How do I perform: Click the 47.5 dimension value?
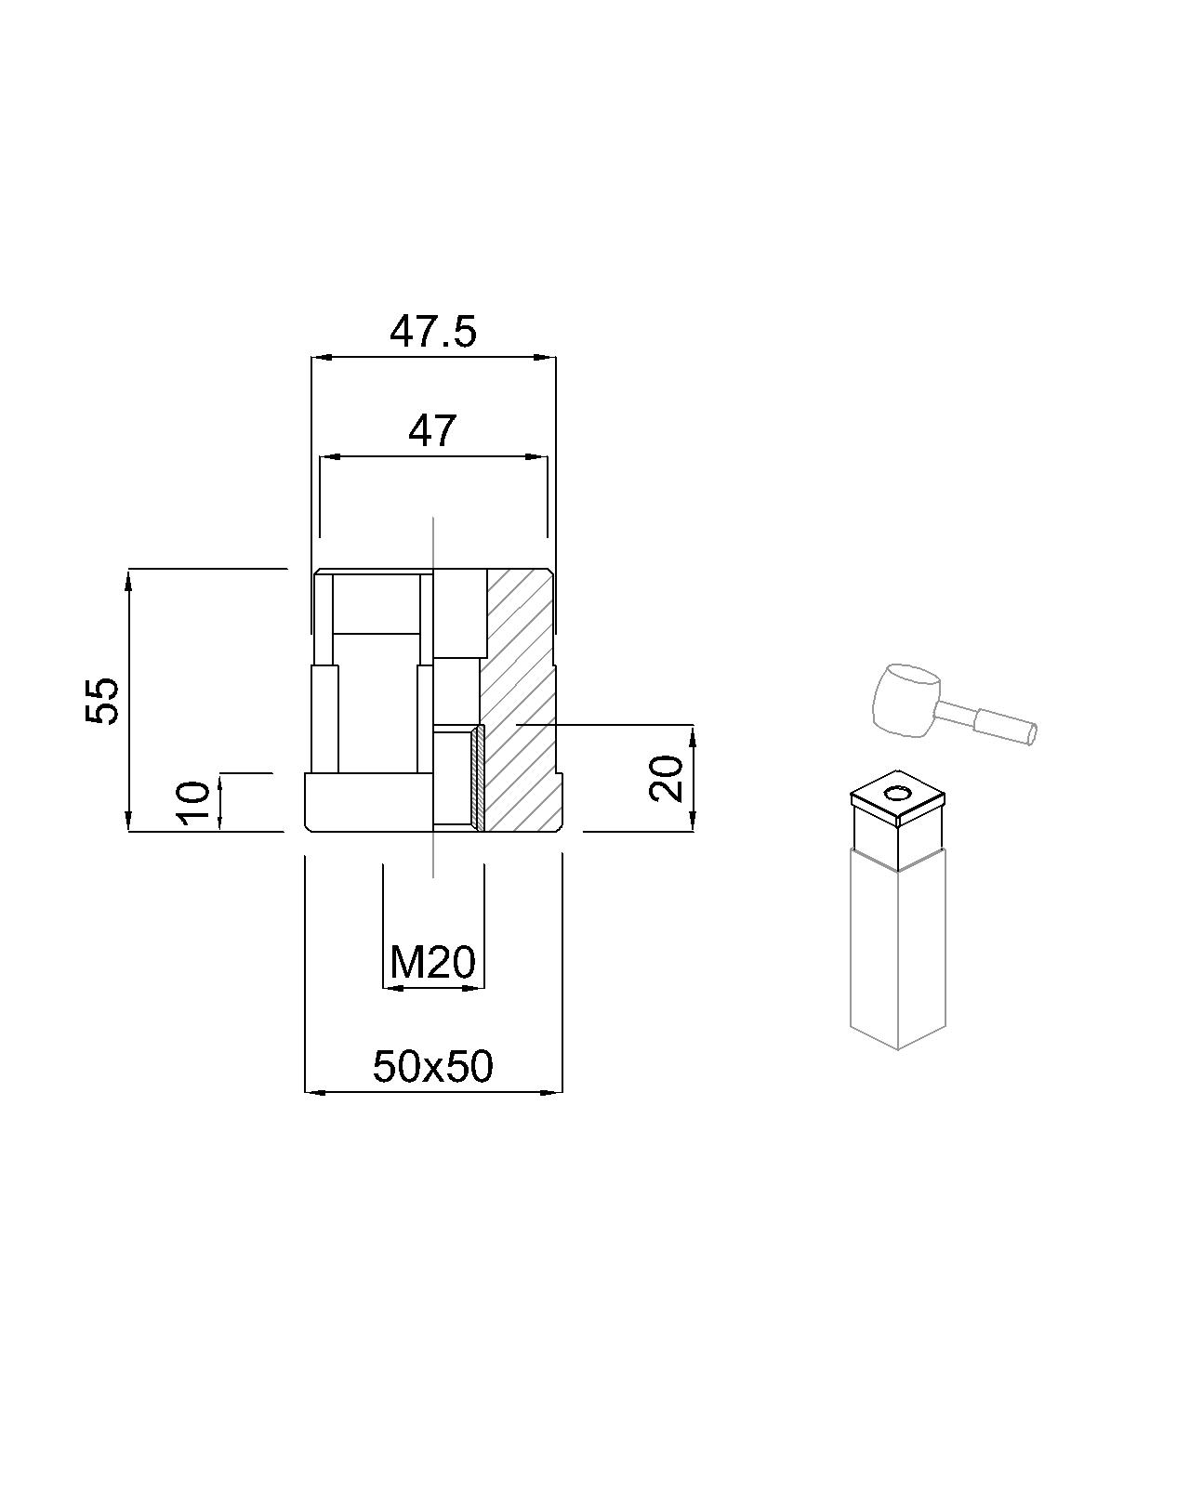point(433,332)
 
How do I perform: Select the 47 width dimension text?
point(433,431)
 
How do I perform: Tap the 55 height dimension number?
point(102,701)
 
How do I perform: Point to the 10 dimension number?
point(194,803)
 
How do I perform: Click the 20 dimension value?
point(667,778)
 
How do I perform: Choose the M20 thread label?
point(433,962)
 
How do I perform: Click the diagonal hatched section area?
point(519,699)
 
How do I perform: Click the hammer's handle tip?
point(1032,733)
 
